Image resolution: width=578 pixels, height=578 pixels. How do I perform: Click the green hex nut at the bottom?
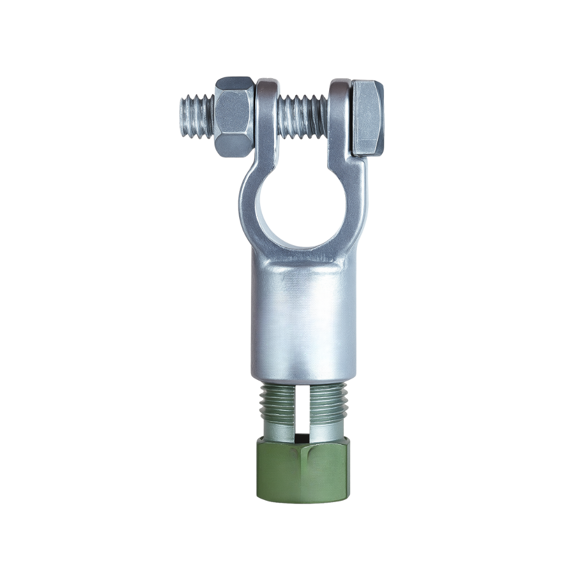[302, 469]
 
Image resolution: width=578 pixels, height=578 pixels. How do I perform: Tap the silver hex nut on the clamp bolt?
[234, 117]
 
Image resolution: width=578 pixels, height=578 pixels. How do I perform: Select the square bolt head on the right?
[367, 118]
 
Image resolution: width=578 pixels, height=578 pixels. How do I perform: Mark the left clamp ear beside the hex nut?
[267, 118]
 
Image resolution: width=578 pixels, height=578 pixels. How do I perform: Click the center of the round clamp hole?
[302, 211]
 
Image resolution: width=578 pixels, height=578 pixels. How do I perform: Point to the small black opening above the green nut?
[302, 436]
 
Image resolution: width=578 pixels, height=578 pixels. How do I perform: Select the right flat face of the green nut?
[325, 471]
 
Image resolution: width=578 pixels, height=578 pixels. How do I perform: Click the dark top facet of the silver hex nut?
[234, 86]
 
